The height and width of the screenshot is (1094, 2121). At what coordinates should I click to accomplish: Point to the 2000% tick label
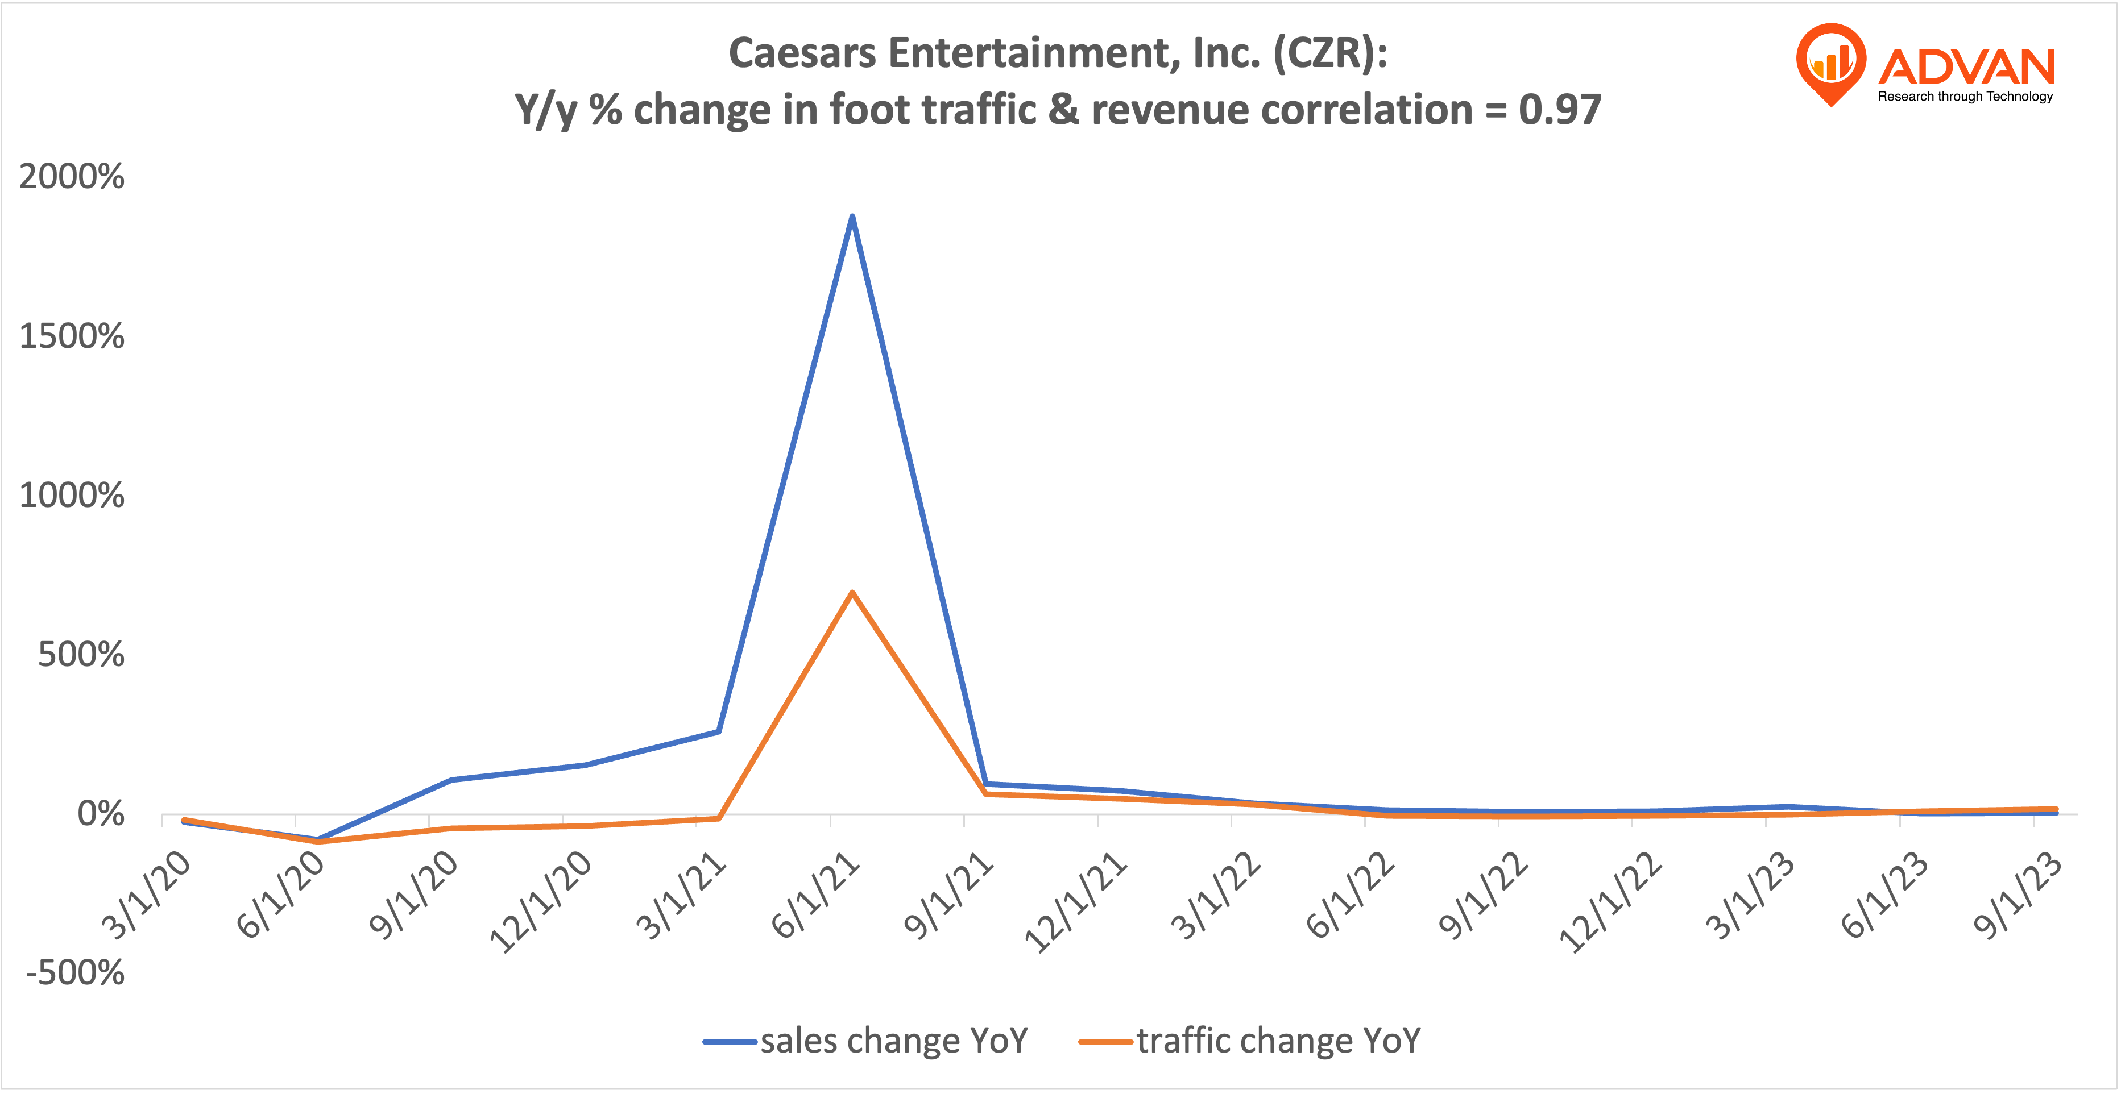pyautogui.click(x=72, y=177)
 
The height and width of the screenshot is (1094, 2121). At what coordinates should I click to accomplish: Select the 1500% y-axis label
pyautogui.click(x=72, y=336)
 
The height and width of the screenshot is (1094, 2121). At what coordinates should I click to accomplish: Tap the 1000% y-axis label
pyautogui.click(x=72, y=496)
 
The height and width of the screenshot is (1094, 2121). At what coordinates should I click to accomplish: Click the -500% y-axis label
pyautogui.click(x=75, y=973)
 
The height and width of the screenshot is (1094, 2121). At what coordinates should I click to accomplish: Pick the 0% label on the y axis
pyautogui.click(x=101, y=814)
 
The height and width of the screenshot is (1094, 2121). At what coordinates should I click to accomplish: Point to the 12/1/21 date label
pyautogui.click(x=1075, y=904)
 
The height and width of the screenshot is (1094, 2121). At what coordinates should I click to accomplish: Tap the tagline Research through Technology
pyautogui.click(x=1965, y=96)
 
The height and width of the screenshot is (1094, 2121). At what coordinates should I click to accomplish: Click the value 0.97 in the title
pyautogui.click(x=1559, y=110)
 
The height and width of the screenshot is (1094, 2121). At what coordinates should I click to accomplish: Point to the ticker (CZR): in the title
pyautogui.click(x=1329, y=53)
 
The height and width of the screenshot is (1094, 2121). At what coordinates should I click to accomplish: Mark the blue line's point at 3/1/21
pyautogui.click(x=719, y=731)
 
